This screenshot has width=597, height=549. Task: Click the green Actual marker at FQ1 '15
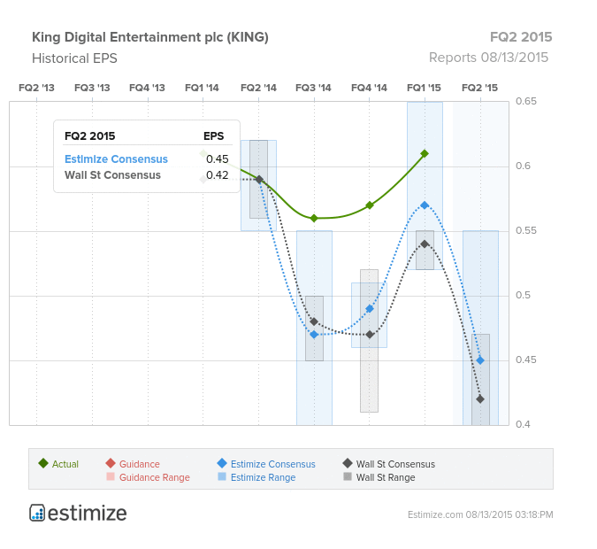(425, 154)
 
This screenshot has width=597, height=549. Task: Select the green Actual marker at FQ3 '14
(314, 218)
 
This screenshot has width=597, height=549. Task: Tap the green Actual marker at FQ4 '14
(370, 205)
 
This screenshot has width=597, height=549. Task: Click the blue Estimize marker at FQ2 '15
(480, 360)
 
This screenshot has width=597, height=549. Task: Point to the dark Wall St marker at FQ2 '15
(480, 399)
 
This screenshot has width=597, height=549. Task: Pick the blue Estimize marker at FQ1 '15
(425, 205)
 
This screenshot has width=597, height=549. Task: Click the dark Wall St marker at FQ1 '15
(425, 244)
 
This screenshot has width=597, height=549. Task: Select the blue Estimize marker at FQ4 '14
(370, 308)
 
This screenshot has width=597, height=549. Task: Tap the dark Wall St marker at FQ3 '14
(314, 321)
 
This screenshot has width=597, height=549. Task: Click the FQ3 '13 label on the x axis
(92, 88)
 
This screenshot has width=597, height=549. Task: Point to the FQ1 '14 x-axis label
(202, 88)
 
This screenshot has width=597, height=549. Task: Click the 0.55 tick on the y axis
(525, 230)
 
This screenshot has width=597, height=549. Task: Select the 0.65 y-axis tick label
(525, 101)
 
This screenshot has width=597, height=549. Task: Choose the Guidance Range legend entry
(149, 477)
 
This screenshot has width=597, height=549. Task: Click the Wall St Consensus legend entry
(389, 464)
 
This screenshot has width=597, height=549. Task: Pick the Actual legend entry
(58, 464)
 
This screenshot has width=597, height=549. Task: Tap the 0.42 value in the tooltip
(217, 175)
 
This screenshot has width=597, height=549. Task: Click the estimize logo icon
(37, 513)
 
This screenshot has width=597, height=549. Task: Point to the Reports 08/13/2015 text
(488, 58)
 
